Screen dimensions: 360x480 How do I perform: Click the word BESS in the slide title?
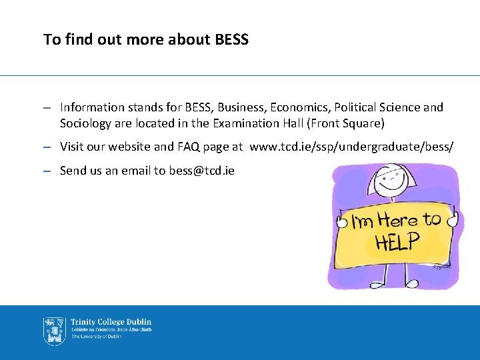coord(232,39)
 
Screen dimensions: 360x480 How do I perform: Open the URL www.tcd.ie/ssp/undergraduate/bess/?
coord(351,147)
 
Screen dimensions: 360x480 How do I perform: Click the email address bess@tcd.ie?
coord(201,171)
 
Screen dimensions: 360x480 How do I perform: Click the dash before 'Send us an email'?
coord(47,171)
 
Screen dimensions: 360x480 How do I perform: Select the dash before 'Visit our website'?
coord(47,147)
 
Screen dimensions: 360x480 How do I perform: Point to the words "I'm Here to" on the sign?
coord(396,221)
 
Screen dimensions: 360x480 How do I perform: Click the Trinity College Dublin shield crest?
coord(54,330)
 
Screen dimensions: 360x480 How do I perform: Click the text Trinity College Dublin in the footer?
coord(111,322)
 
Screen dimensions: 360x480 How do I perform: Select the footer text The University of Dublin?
coord(97,337)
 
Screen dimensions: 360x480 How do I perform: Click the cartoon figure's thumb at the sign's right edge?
coord(453,218)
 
